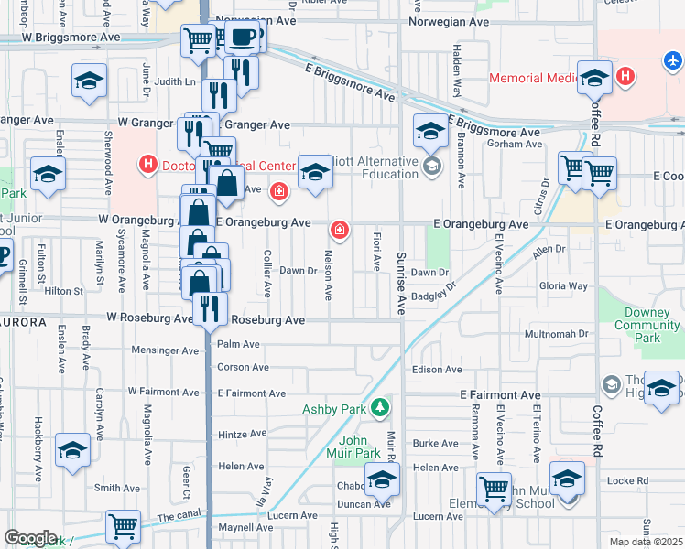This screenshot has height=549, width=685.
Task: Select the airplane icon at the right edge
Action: click(x=673, y=60)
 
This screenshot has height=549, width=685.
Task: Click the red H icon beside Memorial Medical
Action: click(x=626, y=77)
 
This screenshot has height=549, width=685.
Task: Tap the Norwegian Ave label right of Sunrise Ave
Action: click(x=449, y=21)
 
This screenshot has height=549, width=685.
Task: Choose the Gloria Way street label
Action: click(x=564, y=286)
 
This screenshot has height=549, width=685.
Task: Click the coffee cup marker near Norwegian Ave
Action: click(x=242, y=38)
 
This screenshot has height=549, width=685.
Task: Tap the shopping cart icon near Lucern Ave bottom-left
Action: click(x=123, y=526)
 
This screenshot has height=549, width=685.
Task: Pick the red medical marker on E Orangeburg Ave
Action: click(x=340, y=229)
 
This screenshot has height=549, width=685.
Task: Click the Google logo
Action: click(x=31, y=538)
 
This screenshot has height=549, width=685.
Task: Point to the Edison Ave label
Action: click(x=438, y=370)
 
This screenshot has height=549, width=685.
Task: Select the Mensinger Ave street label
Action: click(x=163, y=350)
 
